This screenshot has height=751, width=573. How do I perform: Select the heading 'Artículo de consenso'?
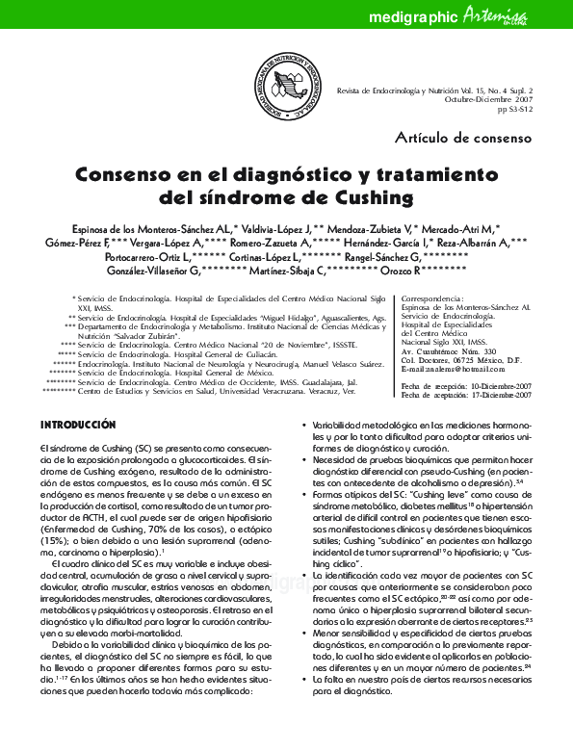463,138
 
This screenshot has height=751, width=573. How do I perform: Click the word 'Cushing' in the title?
356,198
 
